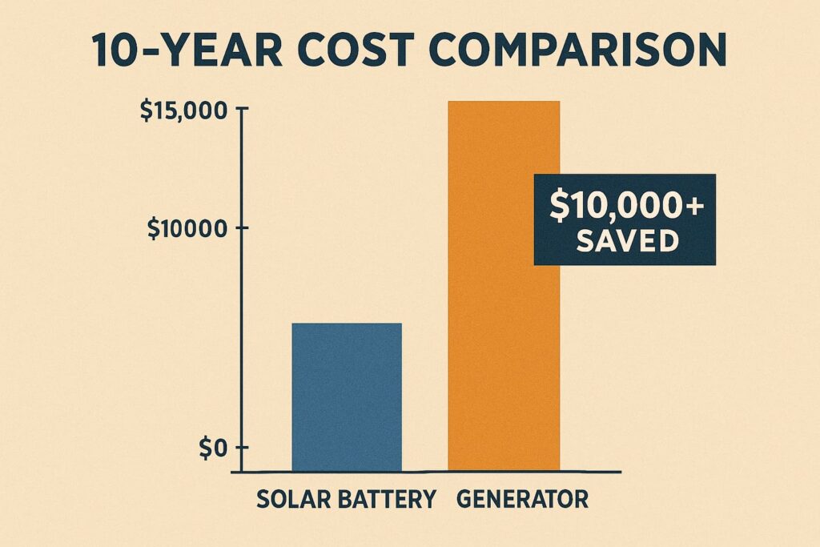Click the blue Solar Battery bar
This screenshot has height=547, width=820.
tap(347, 397)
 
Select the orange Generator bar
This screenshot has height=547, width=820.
tap(504, 286)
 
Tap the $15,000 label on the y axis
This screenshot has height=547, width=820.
tap(184, 111)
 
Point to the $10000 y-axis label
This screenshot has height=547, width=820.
tap(187, 228)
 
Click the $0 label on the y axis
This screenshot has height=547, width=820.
tap(213, 448)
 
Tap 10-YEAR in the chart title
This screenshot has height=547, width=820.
tap(187, 50)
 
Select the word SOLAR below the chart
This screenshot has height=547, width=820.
tap(288, 500)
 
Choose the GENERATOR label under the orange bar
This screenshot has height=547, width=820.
tap(522, 500)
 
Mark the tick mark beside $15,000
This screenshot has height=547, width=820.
tap(243, 108)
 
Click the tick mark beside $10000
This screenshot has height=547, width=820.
tap(243, 228)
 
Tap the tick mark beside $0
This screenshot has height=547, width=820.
tap(243, 448)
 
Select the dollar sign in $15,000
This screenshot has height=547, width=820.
tap(147, 111)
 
